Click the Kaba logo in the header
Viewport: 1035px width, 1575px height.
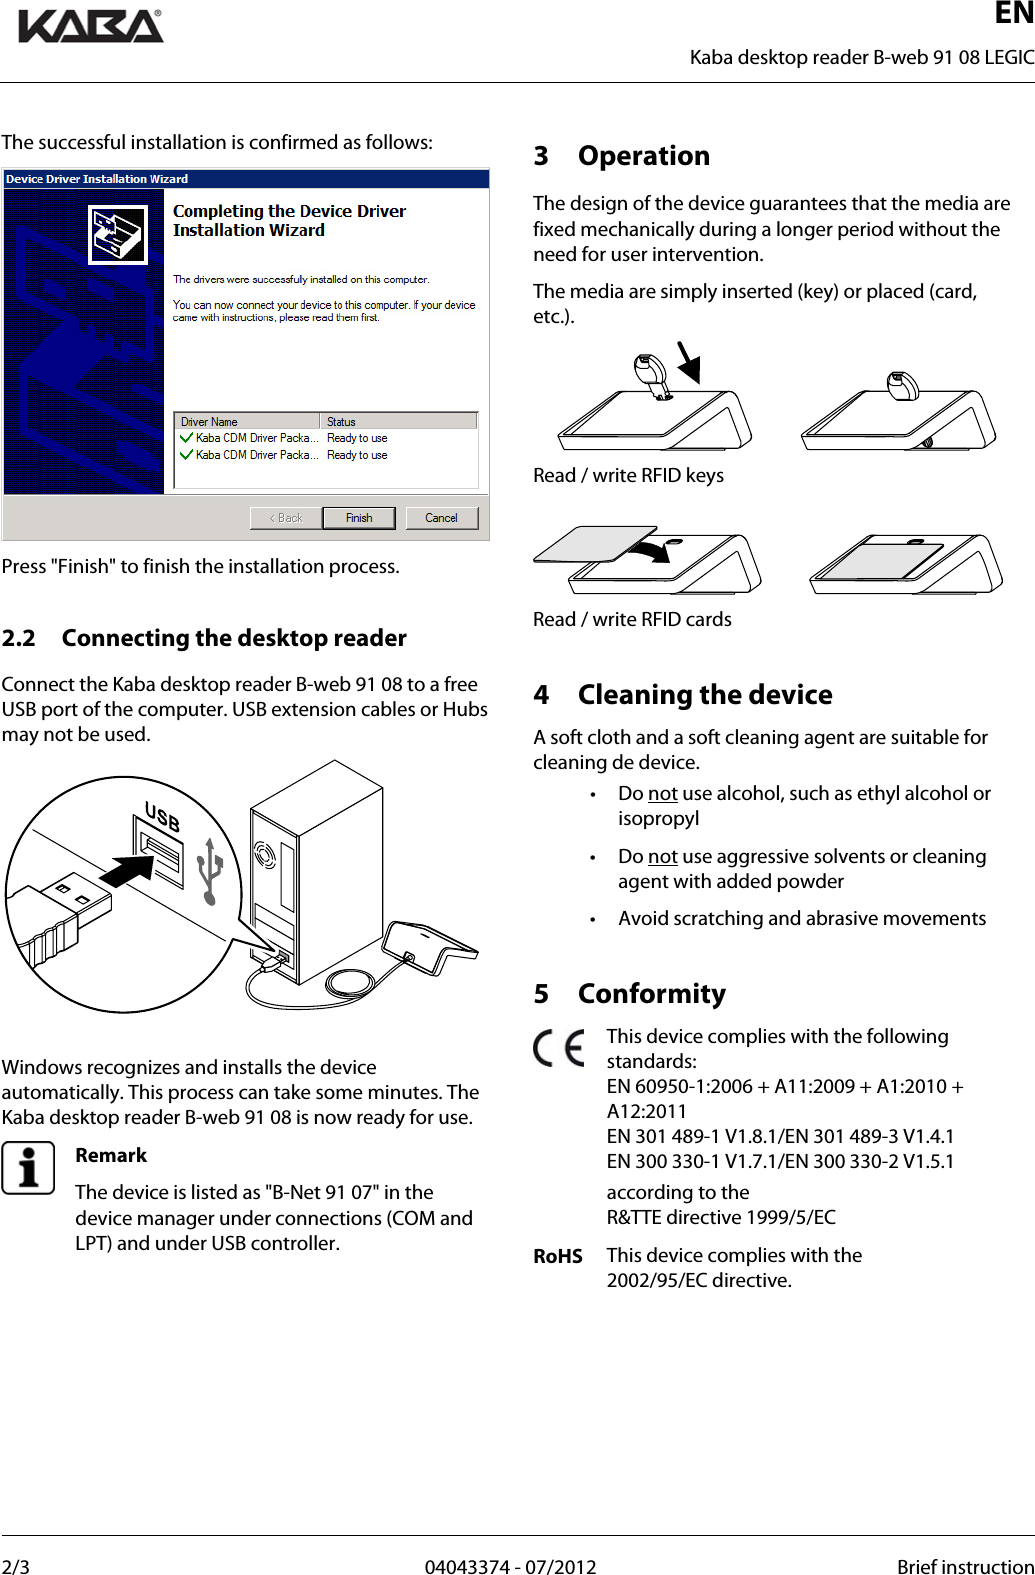click(x=91, y=26)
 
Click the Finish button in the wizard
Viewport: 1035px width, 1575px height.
click(x=359, y=518)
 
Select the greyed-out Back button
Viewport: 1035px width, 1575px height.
click(x=286, y=518)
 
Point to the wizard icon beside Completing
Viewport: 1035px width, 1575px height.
click(x=118, y=235)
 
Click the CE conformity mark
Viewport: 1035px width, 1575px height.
click(x=559, y=1048)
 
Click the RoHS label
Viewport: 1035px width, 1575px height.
click(x=558, y=1256)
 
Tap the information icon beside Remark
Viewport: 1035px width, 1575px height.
click(x=28, y=1168)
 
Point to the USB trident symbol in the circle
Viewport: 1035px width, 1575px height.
click(x=209, y=870)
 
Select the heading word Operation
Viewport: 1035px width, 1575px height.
click(x=644, y=156)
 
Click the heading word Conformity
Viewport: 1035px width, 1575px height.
click(x=652, y=994)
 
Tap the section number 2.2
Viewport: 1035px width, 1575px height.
click(x=19, y=638)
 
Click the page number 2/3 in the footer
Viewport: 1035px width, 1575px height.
click(x=16, y=1566)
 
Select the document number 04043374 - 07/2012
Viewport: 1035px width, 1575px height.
click(x=510, y=1566)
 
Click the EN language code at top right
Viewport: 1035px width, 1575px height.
click(x=1014, y=14)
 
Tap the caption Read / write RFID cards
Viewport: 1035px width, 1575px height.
click(x=632, y=619)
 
